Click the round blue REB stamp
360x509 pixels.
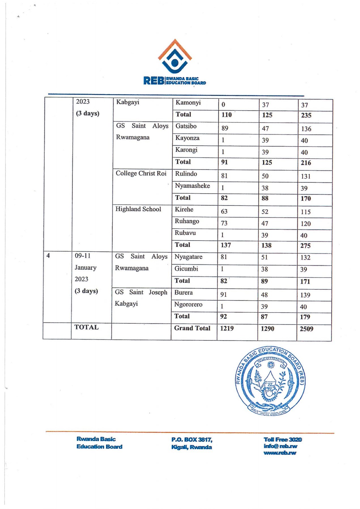click(270, 381)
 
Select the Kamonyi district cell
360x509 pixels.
click(188, 102)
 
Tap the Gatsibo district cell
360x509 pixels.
click(186, 126)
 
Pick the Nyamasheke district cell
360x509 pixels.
click(192, 186)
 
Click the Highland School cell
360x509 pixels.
click(138, 209)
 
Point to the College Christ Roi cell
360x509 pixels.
click(141, 174)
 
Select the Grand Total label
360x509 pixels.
click(192, 328)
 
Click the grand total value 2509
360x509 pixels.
click(306, 329)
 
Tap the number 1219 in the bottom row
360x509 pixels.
click(227, 328)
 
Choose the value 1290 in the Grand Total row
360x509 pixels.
click(267, 329)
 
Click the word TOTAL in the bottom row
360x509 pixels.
click(86, 327)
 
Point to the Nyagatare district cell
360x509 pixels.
click(188, 257)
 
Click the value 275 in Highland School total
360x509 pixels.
click(305, 245)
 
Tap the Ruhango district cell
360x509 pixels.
click(187, 221)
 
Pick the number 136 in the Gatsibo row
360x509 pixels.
click(306, 129)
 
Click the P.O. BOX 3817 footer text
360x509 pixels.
click(192, 440)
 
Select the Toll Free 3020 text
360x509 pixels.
click(283, 440)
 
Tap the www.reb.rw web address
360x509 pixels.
click(280, 453)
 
